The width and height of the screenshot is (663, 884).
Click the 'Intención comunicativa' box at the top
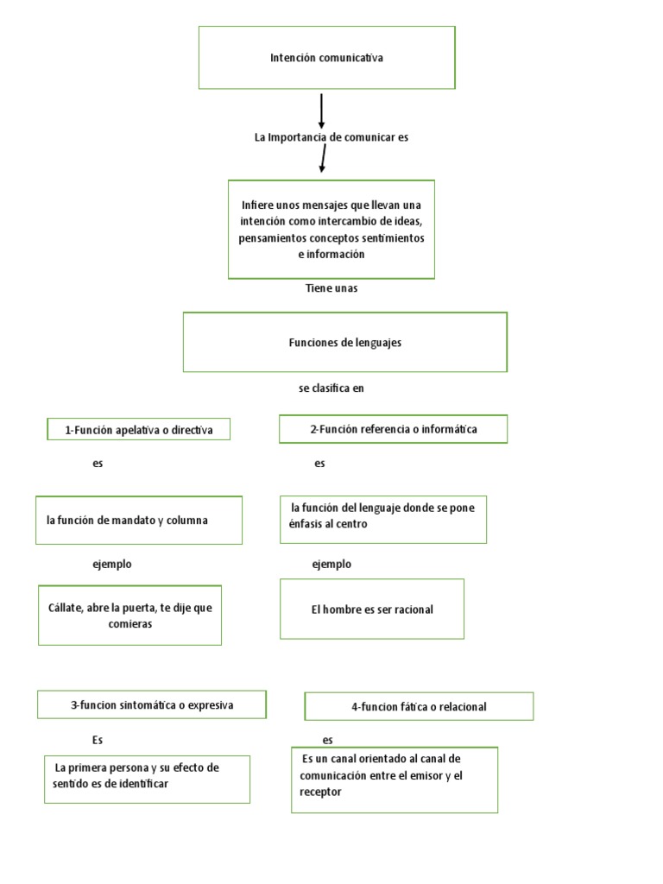point(326,58)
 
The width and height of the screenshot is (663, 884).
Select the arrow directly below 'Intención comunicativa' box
point(321,111)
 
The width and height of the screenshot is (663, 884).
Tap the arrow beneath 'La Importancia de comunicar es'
point(323,159)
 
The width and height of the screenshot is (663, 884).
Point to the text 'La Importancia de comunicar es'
point(331,137)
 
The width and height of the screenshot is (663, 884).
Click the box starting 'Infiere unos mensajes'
point(331,230)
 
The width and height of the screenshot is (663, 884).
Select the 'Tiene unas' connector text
point(331,288)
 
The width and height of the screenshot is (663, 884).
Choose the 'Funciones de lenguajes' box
point(344,343)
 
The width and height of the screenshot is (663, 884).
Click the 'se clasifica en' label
point(331,388)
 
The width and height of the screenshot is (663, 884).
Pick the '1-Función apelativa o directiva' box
point(139,429)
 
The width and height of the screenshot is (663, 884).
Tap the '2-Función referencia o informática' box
point(393,429)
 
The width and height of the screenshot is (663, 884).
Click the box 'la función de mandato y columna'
point(138,521)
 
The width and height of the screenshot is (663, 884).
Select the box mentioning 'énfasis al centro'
point(382,518)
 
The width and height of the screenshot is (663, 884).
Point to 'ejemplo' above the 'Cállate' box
point(112,564)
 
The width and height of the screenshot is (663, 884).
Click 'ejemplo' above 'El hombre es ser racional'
point(331,564)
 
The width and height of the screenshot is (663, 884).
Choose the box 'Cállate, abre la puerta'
point(129,616)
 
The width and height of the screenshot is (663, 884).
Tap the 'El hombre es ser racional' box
point(372,609)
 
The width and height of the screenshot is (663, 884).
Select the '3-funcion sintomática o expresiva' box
point(152,705)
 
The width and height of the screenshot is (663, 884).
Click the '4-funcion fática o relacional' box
point(419,706)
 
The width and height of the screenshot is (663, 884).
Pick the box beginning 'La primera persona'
point(147,779)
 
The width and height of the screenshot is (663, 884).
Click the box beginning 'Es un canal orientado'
point(394,780)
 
